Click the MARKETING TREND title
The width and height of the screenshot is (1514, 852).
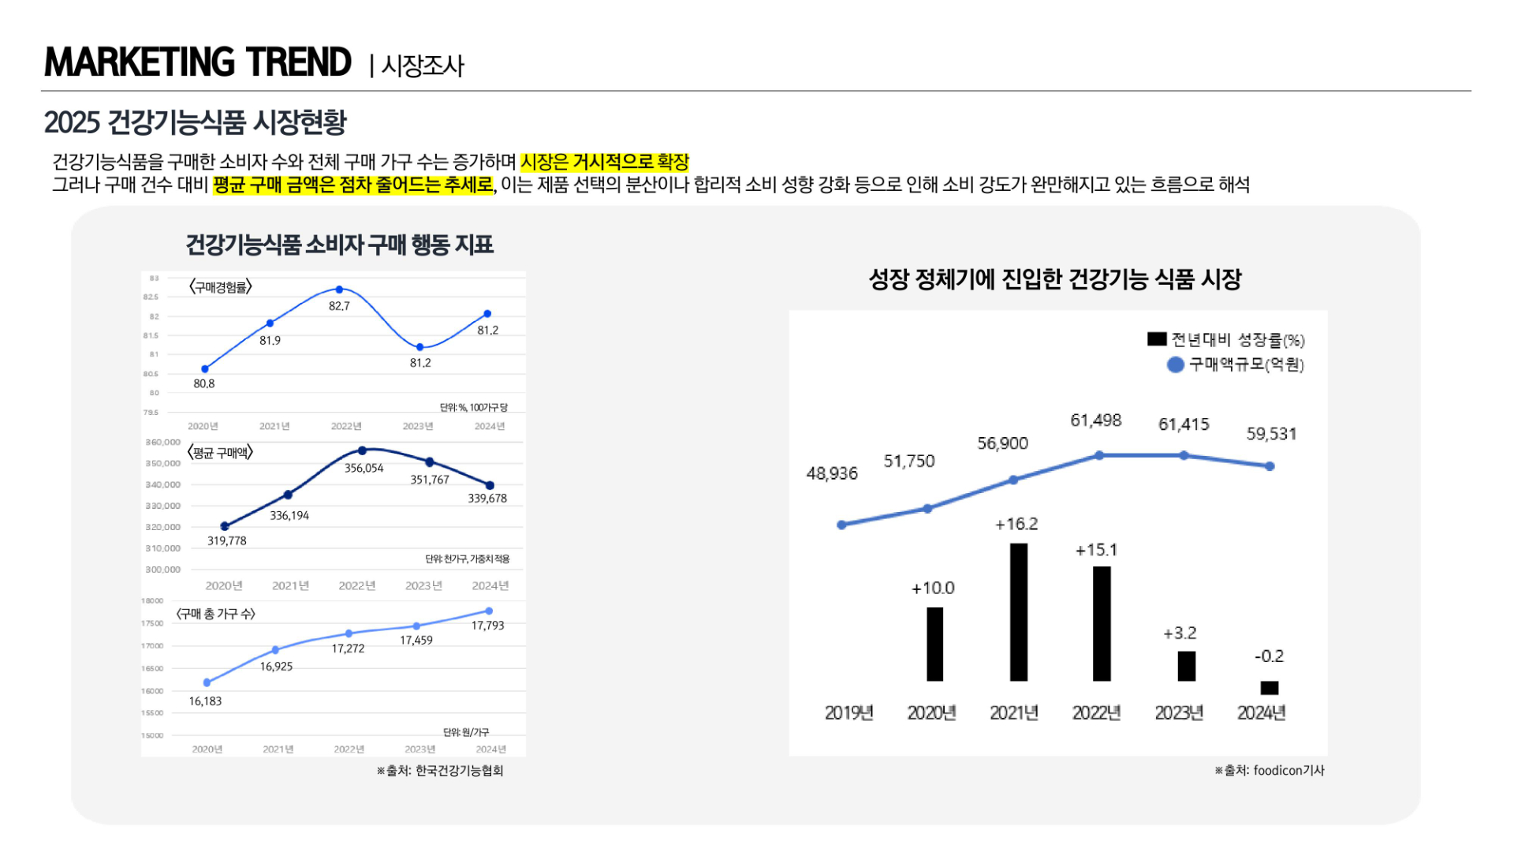(x=197, y=62)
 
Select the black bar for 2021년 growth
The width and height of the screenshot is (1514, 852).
(x=1018, y=611)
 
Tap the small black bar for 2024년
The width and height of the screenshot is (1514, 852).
(x=1269, y=687)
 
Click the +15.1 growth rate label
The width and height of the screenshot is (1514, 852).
(x=1096, y=550)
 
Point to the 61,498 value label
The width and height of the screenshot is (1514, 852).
(x=1095, y=420)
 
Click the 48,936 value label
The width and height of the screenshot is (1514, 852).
(x=832, y=473)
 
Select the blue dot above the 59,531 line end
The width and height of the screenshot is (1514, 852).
(x=1270, y=466)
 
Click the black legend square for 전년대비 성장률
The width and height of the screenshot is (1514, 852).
(x=1157, y=339)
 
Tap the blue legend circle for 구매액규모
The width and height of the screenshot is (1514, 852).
(x=1175, y=364)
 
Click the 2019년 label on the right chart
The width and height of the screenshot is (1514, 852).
(x=848, y=713)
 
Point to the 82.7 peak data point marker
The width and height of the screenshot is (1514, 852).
(x=339, y=290)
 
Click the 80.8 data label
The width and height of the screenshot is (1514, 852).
(x=204, y=383)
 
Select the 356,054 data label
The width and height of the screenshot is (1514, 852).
(x=364, y=468)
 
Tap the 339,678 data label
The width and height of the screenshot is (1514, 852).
(x=487, y=499)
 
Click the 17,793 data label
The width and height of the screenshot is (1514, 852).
(x=487, y=626)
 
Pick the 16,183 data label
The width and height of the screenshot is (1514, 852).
(x=205, y=701)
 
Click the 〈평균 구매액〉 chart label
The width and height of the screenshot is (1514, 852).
(x=220, y=453)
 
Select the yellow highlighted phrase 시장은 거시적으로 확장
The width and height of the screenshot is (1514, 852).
(x=604, y=162)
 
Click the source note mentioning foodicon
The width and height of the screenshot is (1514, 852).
(x=1269, y=771)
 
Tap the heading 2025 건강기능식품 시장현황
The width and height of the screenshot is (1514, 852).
(x=195, y=122)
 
